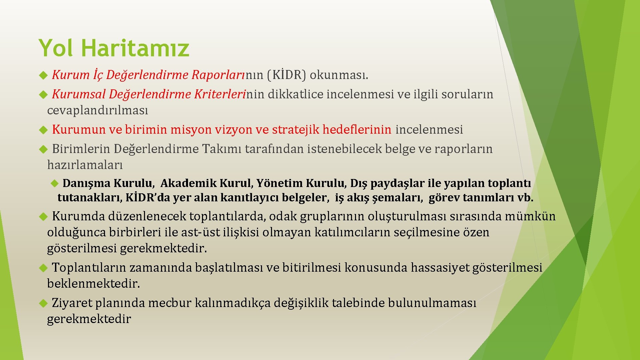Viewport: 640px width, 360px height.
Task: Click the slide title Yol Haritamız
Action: click(114, 48)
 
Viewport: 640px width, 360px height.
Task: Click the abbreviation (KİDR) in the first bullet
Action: click(286, 75)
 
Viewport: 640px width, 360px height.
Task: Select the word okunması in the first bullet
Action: click(339, 75)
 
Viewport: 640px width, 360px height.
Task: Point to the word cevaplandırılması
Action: click(97, 110)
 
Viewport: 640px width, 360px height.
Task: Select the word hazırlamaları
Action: click(85, 165)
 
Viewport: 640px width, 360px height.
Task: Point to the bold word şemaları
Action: click(398, 198)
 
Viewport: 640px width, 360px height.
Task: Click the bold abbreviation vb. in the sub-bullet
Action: click(525, 198)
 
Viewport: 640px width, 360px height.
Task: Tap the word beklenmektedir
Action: click(93, 284)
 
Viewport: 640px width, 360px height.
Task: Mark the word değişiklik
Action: click(301, 303)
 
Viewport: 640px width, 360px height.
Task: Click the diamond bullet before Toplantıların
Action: click(43, 268)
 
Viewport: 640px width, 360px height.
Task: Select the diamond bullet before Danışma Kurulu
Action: click(54, 183)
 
